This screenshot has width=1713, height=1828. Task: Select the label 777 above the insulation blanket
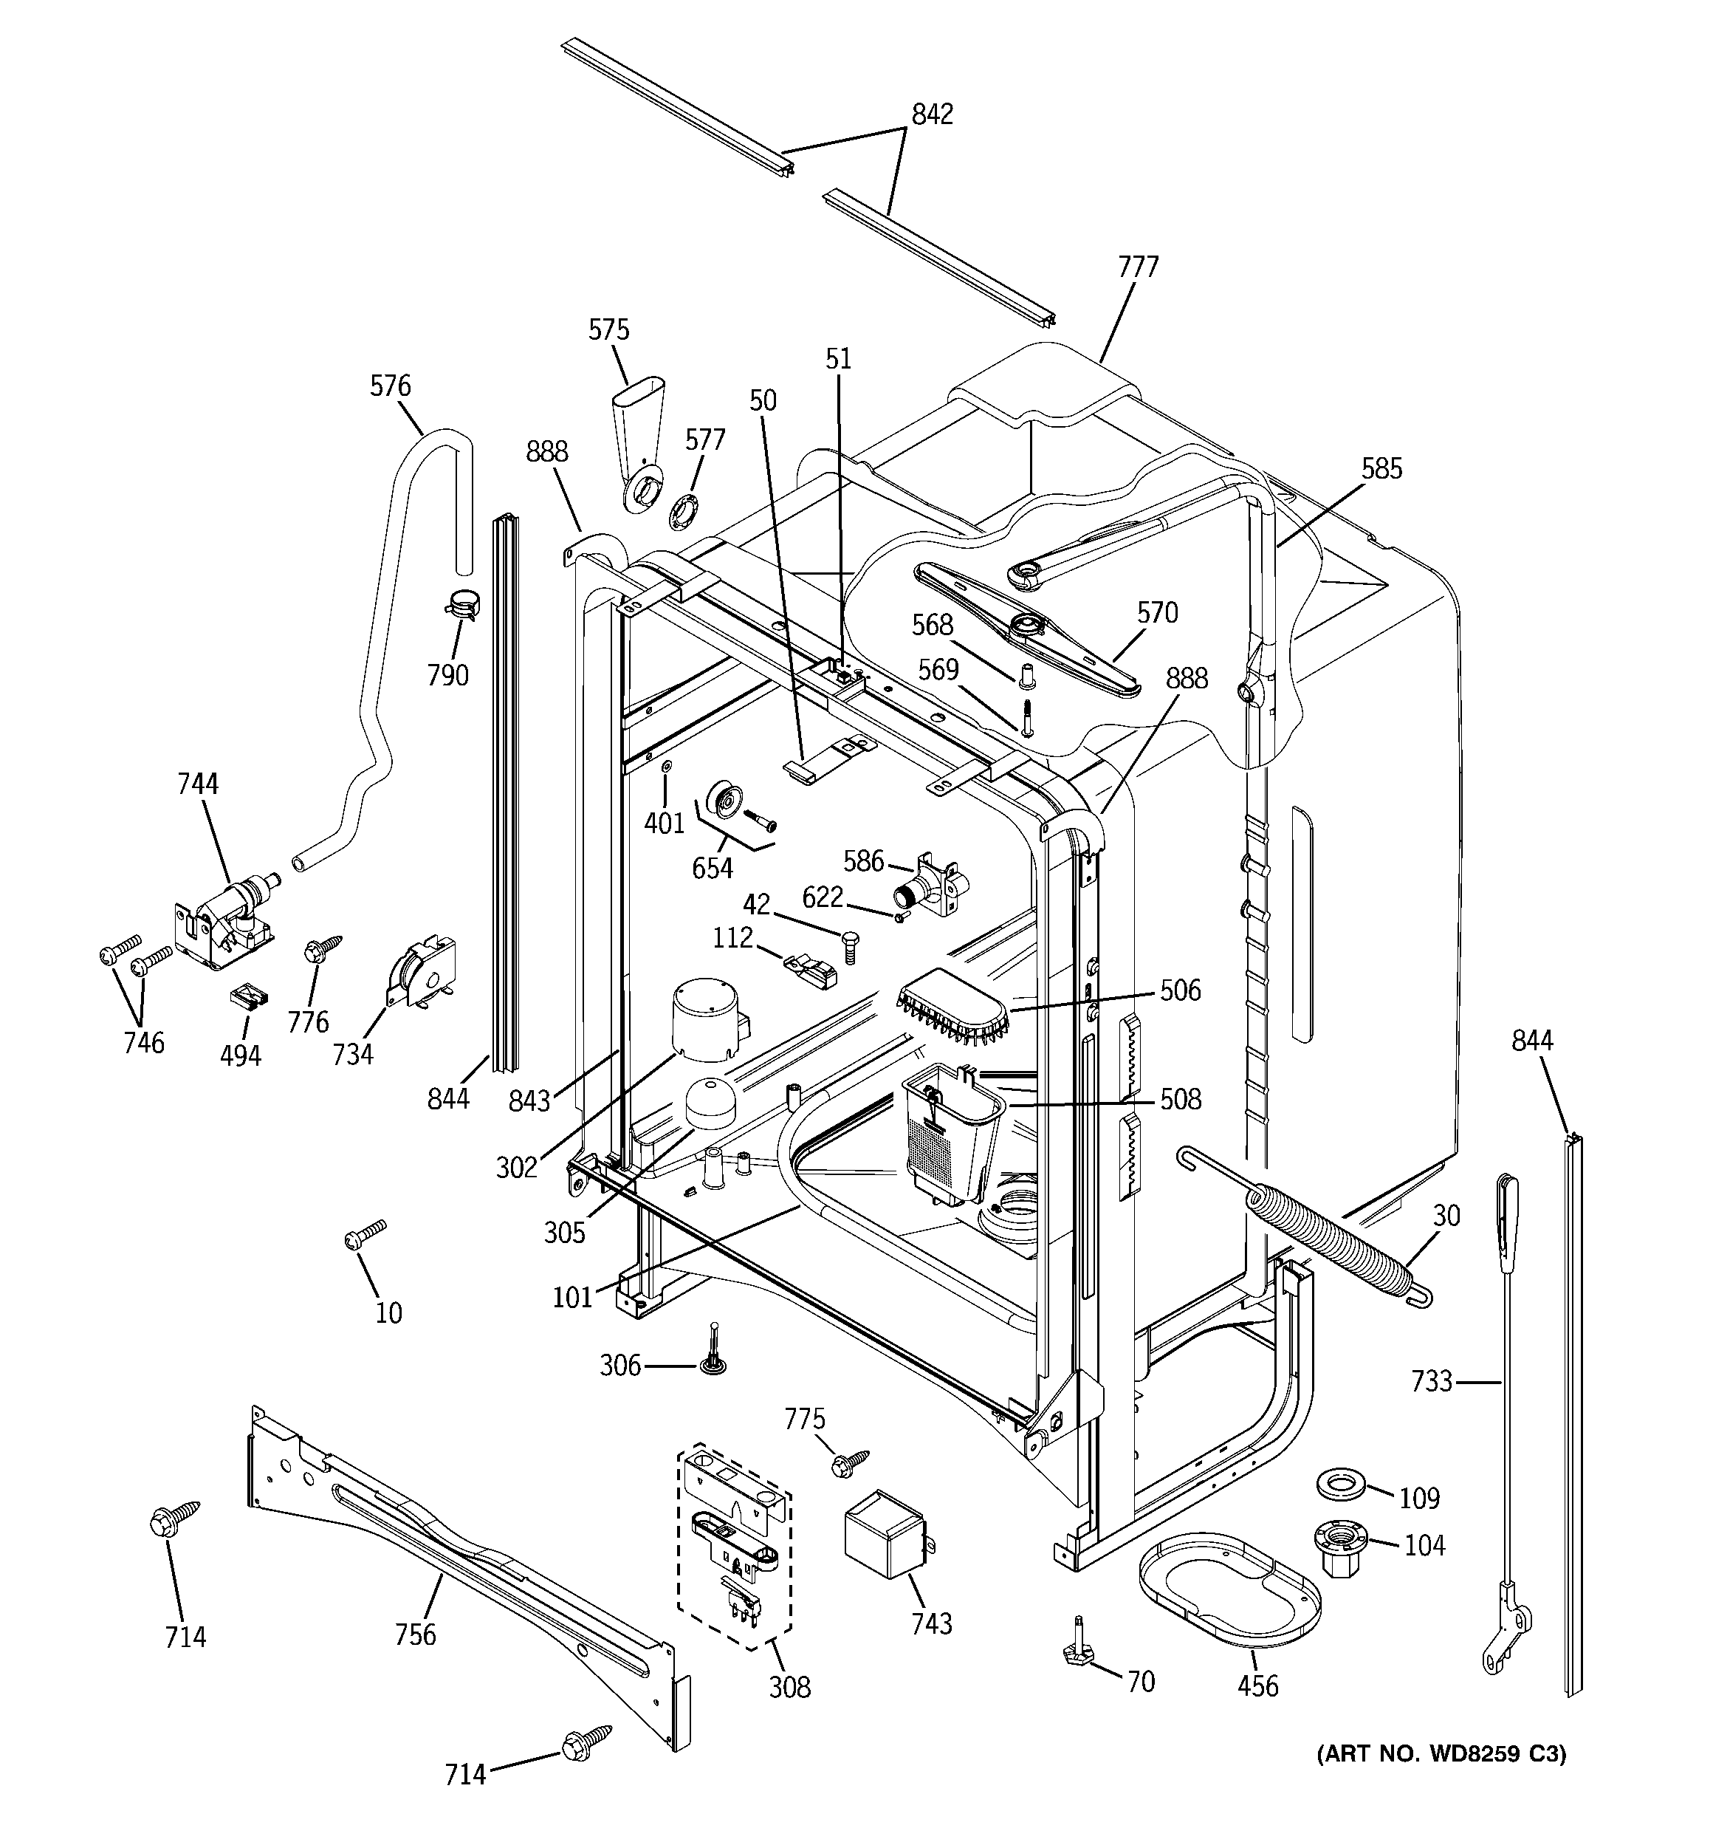1139,267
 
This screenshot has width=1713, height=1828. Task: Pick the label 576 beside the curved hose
390,386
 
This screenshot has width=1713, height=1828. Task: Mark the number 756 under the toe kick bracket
415,1635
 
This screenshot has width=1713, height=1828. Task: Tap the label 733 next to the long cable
1432,1381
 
